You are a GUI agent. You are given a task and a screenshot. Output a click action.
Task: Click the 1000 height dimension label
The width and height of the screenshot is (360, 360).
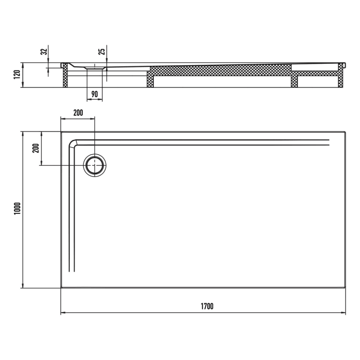16,209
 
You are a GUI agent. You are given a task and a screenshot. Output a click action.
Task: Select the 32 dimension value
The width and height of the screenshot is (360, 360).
45,51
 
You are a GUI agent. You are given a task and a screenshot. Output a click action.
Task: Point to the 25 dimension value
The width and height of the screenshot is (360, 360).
102,51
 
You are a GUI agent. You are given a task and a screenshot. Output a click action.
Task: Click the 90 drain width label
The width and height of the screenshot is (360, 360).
95,94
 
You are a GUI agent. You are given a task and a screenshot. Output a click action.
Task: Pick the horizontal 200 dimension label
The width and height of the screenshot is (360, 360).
78,112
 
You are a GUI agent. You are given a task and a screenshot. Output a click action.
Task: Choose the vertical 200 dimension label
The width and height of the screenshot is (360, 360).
35,148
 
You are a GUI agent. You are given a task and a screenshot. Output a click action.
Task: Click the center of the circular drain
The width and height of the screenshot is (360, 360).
95,165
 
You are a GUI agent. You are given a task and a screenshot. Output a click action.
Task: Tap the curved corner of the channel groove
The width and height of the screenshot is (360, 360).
74,143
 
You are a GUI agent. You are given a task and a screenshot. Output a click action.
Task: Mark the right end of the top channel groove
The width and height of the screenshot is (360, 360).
329,142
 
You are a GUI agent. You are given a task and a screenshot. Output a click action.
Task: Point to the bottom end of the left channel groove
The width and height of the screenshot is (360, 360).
72,271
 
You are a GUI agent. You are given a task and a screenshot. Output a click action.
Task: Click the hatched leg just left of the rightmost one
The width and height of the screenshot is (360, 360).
295,81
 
